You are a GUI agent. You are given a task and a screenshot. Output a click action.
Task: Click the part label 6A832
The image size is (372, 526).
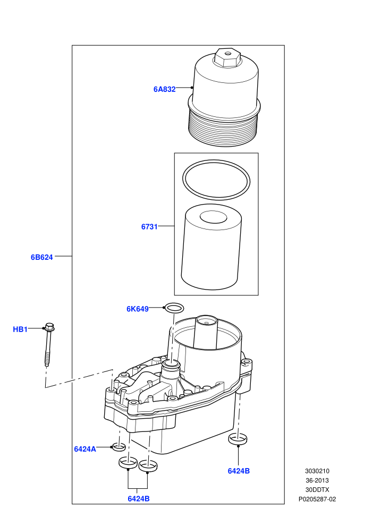coord(164,89)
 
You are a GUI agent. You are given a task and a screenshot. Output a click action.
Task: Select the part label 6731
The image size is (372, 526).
coord(149,227)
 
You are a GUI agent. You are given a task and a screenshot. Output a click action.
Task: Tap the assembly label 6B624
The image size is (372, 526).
coord(42,257)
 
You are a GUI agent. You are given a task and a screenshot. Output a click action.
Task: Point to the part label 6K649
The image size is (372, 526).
coord(138,309)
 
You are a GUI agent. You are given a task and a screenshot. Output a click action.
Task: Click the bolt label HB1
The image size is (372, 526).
coord(20,329)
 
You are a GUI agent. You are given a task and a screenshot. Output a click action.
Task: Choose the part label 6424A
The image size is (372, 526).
coord(85,449)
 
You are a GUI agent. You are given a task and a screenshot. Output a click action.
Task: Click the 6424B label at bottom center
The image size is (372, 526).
coord(139,499)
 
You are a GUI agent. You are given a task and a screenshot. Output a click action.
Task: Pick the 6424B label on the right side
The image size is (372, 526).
coord(239,471)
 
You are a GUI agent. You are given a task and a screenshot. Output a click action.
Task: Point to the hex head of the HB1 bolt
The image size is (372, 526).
coord(49,327)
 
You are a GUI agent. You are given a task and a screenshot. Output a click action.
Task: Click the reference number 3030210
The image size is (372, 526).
coord(317,471)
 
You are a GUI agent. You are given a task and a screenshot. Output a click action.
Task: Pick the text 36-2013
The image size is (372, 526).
coord(317,480)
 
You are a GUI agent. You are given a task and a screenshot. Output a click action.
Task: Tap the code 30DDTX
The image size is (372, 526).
coord(317,490)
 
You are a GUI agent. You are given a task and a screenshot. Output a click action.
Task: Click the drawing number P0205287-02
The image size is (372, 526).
coord(317,499)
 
